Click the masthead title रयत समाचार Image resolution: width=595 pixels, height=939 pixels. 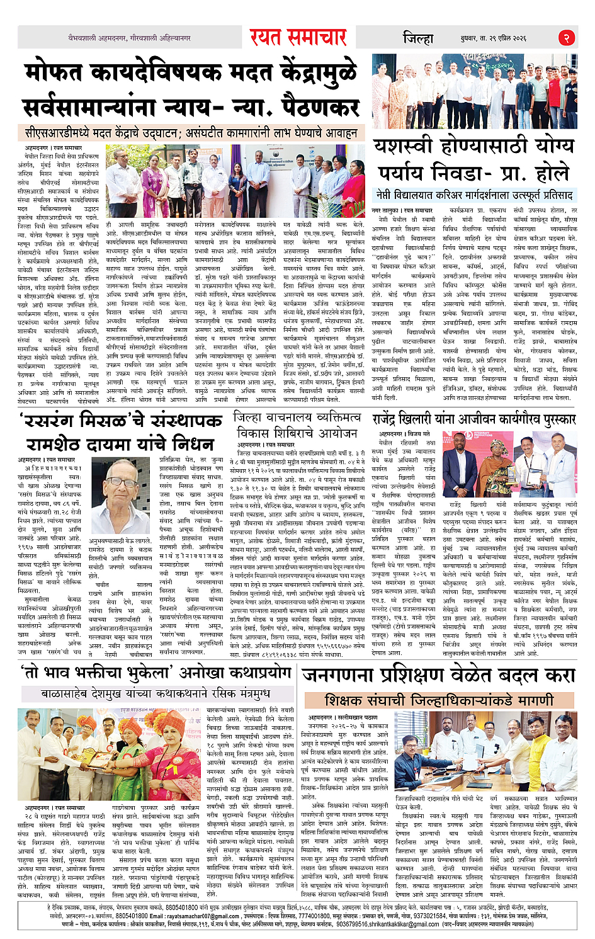click(x=298, y=38)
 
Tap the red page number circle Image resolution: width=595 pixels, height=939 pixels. click(x=566, y=38)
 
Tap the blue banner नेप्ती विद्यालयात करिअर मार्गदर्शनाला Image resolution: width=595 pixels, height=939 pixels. click(x=474, y=194)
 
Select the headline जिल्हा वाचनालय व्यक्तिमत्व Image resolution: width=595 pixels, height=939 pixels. click(x=297, y=424)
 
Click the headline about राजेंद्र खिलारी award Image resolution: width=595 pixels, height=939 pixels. click(x=474, y=419)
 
